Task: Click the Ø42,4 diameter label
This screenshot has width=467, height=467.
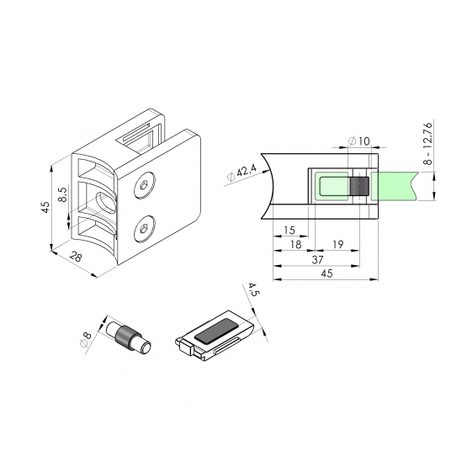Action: tap(241, 173)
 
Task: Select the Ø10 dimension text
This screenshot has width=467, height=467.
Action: tap(359, 141)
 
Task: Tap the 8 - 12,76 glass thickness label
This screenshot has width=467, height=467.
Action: tap(427, 143)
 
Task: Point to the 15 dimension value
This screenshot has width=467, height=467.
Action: tap(289, 230)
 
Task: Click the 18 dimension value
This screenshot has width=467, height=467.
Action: tap(295, 245)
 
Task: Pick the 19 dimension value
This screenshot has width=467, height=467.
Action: tap(337, 245)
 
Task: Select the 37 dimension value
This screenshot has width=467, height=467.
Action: tap(317, 260)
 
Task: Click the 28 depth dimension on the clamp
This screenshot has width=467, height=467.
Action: tap(76, 257)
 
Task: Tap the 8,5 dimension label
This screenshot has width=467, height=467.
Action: tap(63, 194)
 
